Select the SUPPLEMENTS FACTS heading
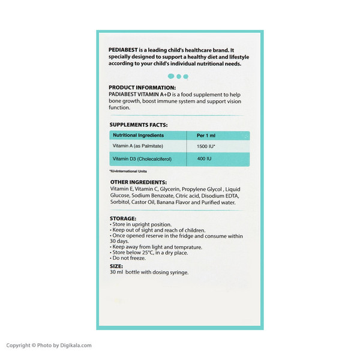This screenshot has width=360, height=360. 138,125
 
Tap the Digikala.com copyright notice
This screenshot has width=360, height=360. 49,346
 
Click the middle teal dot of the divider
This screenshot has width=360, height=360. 179,76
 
